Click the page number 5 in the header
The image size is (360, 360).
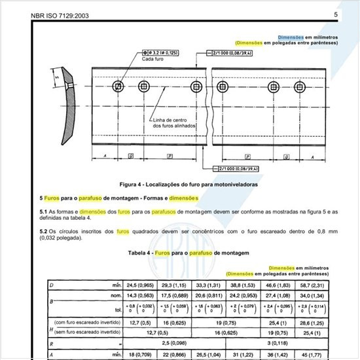tap(335, 14)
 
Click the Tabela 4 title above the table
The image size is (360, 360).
tap(179, 253)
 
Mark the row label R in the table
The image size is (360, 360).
tap(52, 342)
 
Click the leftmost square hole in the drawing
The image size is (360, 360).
tap(118, 87)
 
